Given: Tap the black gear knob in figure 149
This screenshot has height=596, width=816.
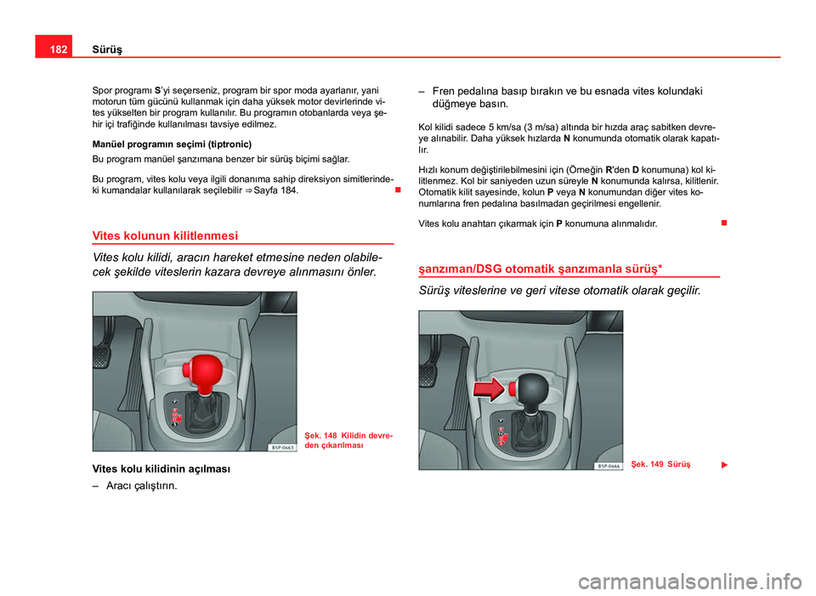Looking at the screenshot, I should tap(534, 388).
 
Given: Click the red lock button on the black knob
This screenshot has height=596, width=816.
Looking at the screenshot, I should tap(514, 389).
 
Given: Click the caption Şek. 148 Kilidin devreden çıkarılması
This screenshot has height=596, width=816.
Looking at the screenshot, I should tap(348, 440).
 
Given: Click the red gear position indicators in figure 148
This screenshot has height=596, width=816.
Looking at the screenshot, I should tap(175, 417).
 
